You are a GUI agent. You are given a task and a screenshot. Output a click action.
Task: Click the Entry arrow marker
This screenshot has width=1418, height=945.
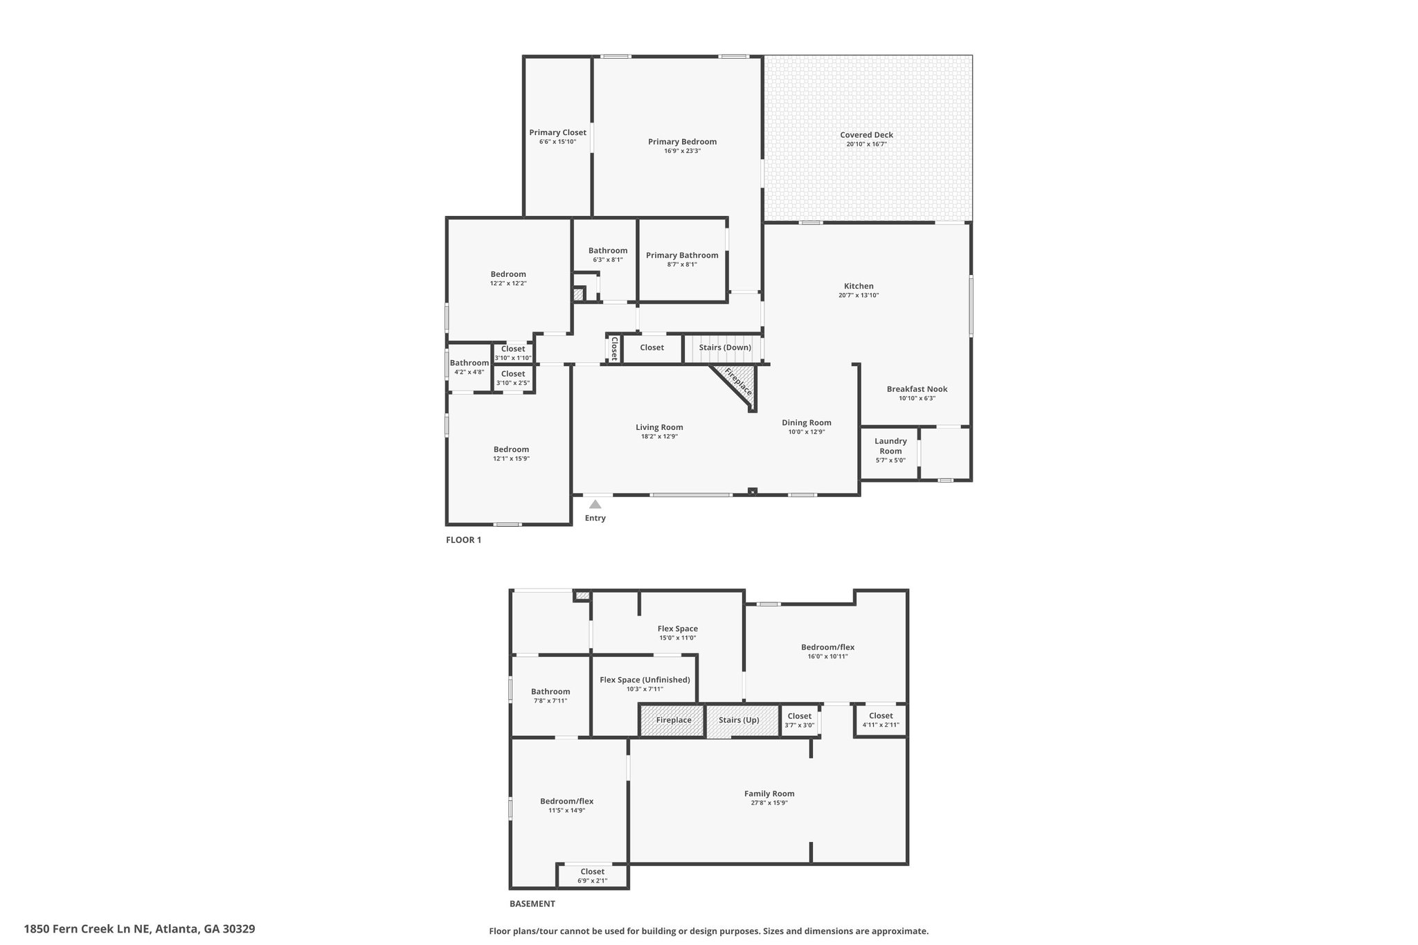pos(595,504)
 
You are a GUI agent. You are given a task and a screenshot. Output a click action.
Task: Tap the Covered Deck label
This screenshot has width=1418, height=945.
pos(866,135)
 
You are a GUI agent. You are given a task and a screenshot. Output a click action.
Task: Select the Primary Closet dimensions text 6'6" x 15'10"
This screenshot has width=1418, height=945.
pos(557,142)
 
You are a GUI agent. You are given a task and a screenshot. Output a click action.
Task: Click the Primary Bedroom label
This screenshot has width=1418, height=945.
pos(682,142)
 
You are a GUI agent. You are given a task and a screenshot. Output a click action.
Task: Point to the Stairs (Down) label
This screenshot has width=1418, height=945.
pos(725,348)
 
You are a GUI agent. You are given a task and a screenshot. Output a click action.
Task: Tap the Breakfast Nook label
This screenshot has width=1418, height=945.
pos(917,389)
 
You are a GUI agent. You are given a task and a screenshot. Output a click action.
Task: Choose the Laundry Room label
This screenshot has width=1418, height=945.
pos(890,446)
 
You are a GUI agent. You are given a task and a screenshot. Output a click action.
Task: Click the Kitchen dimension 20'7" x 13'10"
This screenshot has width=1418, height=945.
pos(859,296)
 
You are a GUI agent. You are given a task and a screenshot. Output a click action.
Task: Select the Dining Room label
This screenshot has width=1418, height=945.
pos(807,423)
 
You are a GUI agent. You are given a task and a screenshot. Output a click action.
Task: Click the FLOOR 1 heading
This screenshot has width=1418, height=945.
pos(463,540)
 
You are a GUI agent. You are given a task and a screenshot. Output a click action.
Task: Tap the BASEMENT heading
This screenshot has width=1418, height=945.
pos(532,903)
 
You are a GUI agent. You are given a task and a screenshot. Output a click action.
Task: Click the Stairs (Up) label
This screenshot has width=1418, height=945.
pos(739,720)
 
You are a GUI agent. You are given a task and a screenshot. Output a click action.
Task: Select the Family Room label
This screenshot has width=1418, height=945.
pos(769,794)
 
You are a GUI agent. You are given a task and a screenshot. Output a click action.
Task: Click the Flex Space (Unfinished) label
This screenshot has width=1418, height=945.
pos(645,680)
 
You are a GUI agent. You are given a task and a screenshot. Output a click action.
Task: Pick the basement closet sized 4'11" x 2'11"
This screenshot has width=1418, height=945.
pos(881,720)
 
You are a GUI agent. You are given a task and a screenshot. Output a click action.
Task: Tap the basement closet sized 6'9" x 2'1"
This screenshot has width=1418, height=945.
pos(593,876)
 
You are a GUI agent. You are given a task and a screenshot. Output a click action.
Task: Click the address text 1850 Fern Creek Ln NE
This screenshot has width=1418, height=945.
pos(87,929)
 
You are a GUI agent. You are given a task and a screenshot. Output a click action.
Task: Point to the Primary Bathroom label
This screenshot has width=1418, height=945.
pos(682,255)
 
